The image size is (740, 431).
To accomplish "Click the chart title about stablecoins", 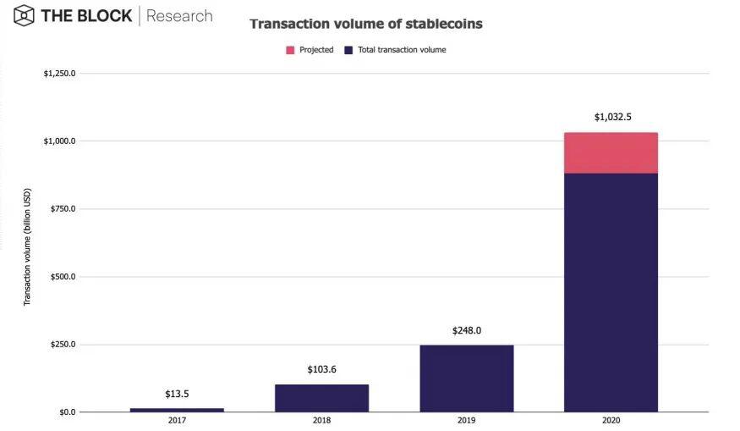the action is coord(366,24).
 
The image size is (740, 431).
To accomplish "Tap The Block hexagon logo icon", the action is coord(24,15).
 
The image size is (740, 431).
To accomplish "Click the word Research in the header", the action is coord(179,15).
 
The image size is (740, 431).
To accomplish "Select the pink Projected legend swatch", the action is coord(290,50).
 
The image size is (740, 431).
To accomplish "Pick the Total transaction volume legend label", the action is coord(402,50).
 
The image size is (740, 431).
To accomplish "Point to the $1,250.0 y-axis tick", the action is coord(59,74).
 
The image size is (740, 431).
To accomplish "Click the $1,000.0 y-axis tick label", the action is coord(59,141).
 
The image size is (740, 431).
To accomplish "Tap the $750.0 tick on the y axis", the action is coord(63,208).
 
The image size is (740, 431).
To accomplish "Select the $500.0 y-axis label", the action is coord(63,276).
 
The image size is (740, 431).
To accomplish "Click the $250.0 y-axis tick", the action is coord(63,344).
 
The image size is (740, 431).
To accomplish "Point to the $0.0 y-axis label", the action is coord(67,412).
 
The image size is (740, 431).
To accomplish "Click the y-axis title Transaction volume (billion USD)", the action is coord(27,247).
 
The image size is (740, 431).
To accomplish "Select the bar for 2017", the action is coord(177,410).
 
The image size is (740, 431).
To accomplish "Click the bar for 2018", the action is coord(322,398).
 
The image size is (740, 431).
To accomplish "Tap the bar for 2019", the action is coord(467,379).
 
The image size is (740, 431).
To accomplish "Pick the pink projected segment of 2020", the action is coord(611,153).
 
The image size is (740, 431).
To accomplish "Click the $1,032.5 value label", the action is coord(612,117).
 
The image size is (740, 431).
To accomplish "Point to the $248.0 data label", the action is coord(467,330).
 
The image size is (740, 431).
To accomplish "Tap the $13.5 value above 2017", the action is coord(177,394).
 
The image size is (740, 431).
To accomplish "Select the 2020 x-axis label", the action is coord(611,420).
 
